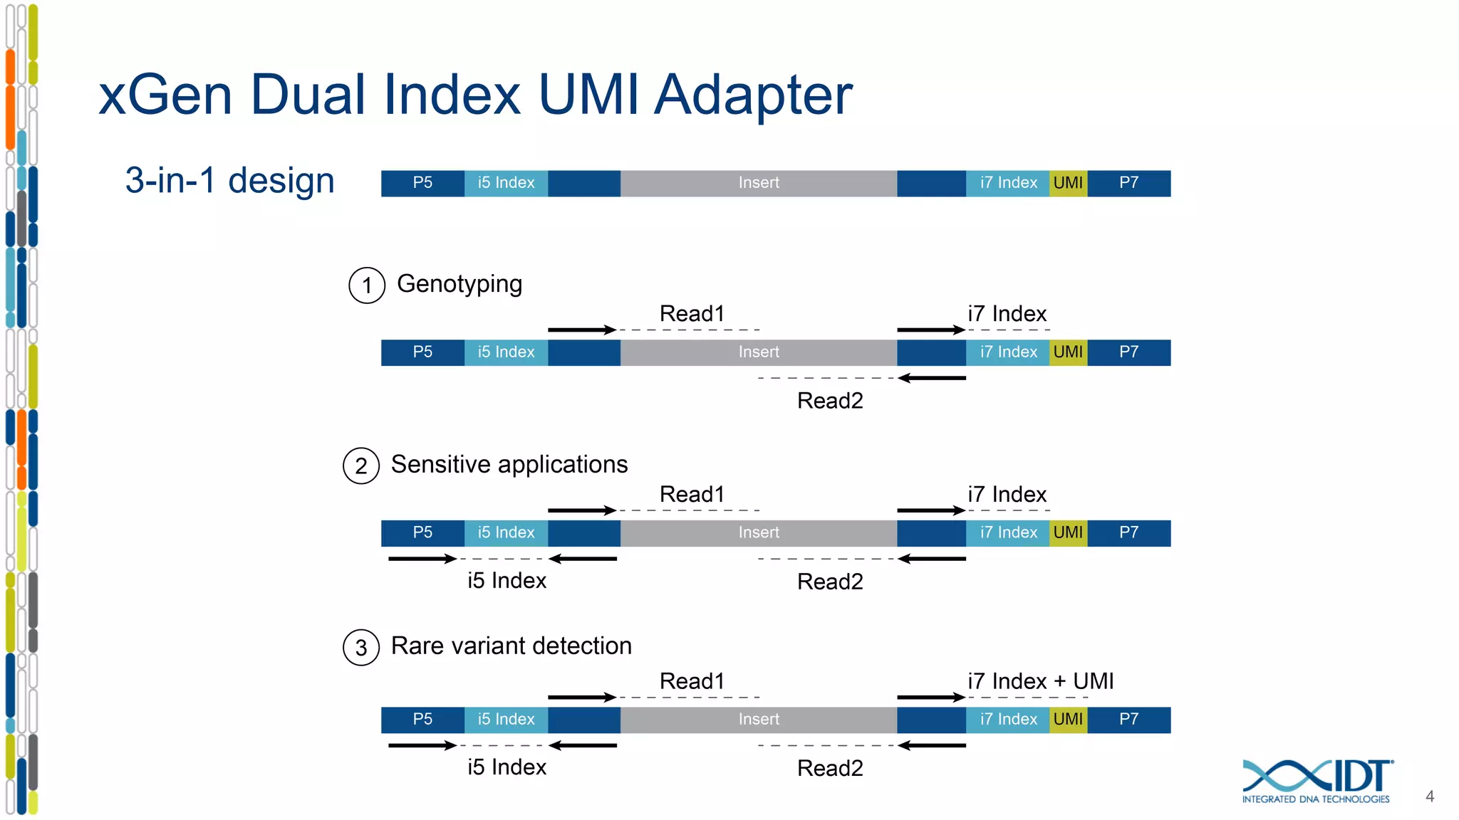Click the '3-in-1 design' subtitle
(229, 180)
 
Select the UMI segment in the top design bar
(1067, 183)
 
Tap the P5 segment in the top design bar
(422, 183)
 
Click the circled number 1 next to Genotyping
(367, 285)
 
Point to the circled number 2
(361, 466)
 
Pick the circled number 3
(361, 648)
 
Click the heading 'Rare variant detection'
(511, 646)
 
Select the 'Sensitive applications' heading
(509, 464)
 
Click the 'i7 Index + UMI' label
(1040, 681)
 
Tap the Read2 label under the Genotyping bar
(830, 401)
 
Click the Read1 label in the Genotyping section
(692, 314)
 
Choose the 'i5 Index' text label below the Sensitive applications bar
(507, 581)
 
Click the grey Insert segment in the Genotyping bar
(758, 352)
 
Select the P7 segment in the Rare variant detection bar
(1128, 720)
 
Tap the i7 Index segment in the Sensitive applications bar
(1007, 533)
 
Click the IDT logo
(1317, 780)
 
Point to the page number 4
(1429, 797)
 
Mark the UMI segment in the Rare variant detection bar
(1067, 720)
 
